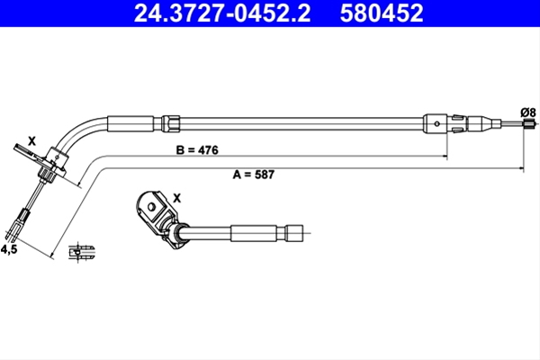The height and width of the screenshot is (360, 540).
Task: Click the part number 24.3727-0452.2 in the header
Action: coord(222,13)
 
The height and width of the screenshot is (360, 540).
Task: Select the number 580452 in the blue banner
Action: coord(382,13)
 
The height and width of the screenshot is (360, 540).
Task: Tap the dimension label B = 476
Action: coord(197,150)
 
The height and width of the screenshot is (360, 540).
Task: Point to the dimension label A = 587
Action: coord(254,175)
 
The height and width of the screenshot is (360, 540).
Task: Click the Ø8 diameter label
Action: coord(528,112)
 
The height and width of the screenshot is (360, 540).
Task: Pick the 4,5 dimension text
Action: coord(9,249)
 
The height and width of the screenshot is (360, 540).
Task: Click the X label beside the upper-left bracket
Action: coord(31,141)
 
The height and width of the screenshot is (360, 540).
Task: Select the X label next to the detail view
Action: coord(176,198)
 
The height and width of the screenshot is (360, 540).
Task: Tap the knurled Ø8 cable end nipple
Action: coord(529,123)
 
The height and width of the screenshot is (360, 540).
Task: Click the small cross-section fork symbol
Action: coord(81,253)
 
